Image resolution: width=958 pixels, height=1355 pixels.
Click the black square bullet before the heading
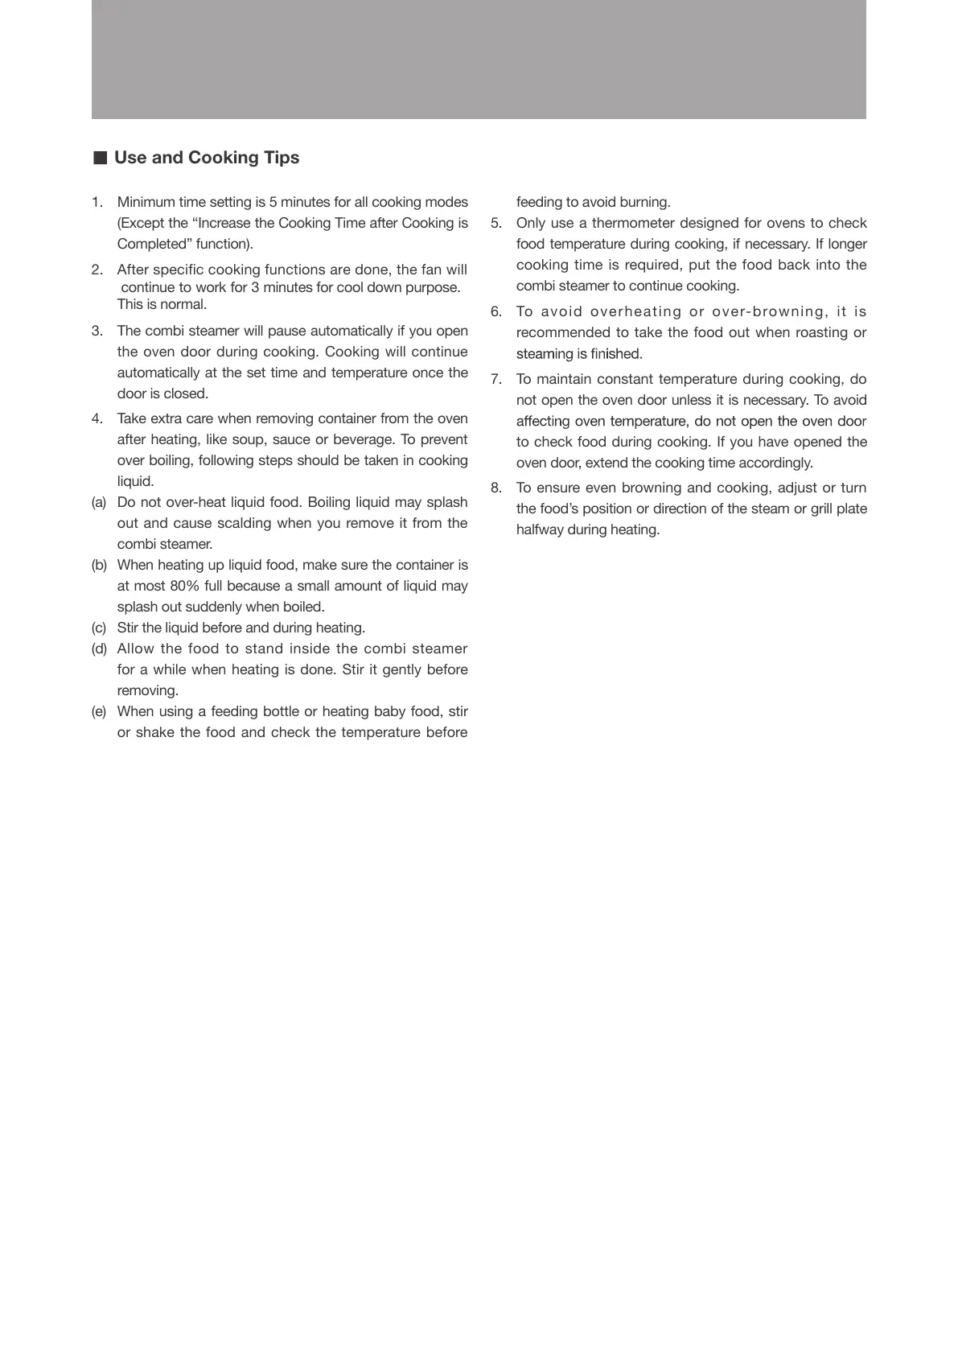pos(100,158)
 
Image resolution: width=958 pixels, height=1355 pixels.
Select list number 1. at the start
pos(97,202)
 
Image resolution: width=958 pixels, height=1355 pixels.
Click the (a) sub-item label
pos(99,502)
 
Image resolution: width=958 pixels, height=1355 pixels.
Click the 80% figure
pos(184,586)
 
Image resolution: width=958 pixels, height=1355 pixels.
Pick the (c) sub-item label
pos(99,628)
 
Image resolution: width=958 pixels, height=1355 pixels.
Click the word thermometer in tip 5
pos(633,223)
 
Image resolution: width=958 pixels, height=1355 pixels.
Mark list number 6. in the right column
pos(496,311)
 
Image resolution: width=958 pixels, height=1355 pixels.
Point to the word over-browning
pos(756,311)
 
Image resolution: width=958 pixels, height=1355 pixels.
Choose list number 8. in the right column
pos(496,488)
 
